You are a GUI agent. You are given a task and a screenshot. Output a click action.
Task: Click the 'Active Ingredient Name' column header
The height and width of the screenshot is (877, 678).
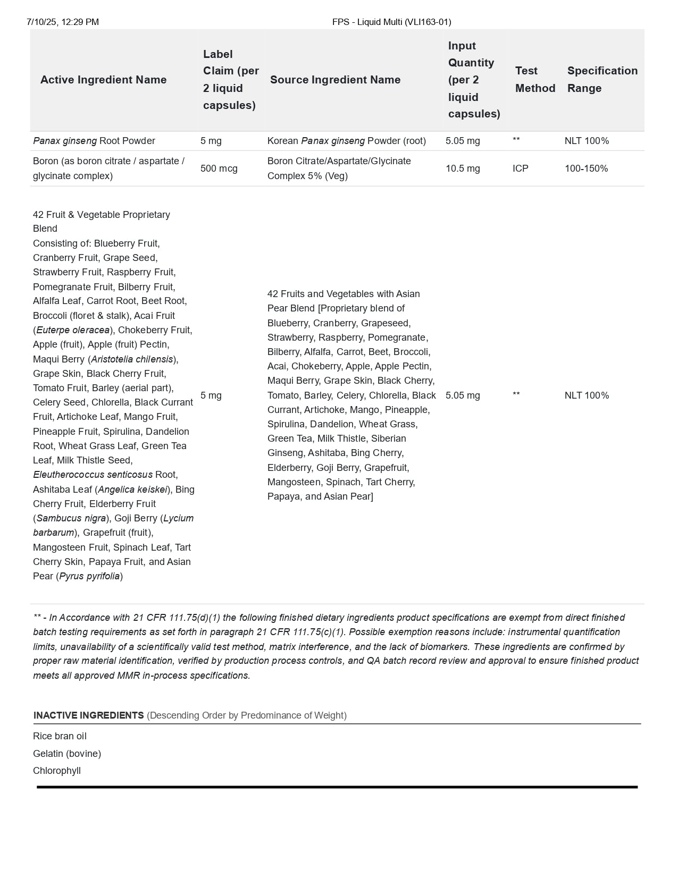coord(103,80)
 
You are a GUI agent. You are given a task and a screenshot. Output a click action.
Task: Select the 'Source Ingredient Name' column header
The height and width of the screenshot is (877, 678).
coord(335,80)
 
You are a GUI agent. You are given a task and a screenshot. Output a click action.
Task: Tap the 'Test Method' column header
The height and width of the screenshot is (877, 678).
coord(535,79)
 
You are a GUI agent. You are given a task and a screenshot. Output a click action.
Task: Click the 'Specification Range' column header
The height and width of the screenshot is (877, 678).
coord(602,79)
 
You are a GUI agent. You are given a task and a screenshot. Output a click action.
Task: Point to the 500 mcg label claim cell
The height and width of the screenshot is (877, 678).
coord(219,168)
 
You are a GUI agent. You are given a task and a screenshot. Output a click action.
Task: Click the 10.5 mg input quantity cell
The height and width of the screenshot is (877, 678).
coord(463,168)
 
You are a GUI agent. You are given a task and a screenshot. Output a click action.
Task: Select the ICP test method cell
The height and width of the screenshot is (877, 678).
coord(520,168)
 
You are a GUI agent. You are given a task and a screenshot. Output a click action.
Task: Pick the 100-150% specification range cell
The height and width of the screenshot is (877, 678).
coord(586,168)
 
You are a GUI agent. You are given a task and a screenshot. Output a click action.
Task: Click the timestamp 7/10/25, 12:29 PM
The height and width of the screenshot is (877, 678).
coord(63,22)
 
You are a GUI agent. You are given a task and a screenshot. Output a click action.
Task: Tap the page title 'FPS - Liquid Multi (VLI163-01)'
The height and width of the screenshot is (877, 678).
coord(391,22)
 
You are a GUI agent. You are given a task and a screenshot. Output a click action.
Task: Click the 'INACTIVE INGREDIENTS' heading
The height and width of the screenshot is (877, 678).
coord(88,715)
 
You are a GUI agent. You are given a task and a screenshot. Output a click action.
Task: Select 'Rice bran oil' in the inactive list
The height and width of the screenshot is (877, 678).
coord(60,736)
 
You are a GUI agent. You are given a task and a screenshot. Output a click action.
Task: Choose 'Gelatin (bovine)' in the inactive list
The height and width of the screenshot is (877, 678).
coord(67,754)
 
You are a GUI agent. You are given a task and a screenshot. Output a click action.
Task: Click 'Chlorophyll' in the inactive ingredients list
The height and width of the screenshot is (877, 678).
coord(57,771)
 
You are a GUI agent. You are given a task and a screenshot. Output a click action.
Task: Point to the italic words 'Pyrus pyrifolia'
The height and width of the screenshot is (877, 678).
coord(89,576)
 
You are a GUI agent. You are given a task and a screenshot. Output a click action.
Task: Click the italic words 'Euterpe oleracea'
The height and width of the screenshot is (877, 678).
coord(73,330)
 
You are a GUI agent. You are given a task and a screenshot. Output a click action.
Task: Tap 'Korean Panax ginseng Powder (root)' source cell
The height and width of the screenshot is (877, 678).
coord(346,141)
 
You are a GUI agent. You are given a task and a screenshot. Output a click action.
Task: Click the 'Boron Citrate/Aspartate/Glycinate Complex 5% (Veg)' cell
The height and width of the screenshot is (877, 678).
coord(339,168)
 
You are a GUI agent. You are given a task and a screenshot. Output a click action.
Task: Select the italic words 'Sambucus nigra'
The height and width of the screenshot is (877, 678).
coord(71,518)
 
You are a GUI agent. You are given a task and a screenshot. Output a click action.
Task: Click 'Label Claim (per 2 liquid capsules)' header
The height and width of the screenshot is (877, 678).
coord(231,80)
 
